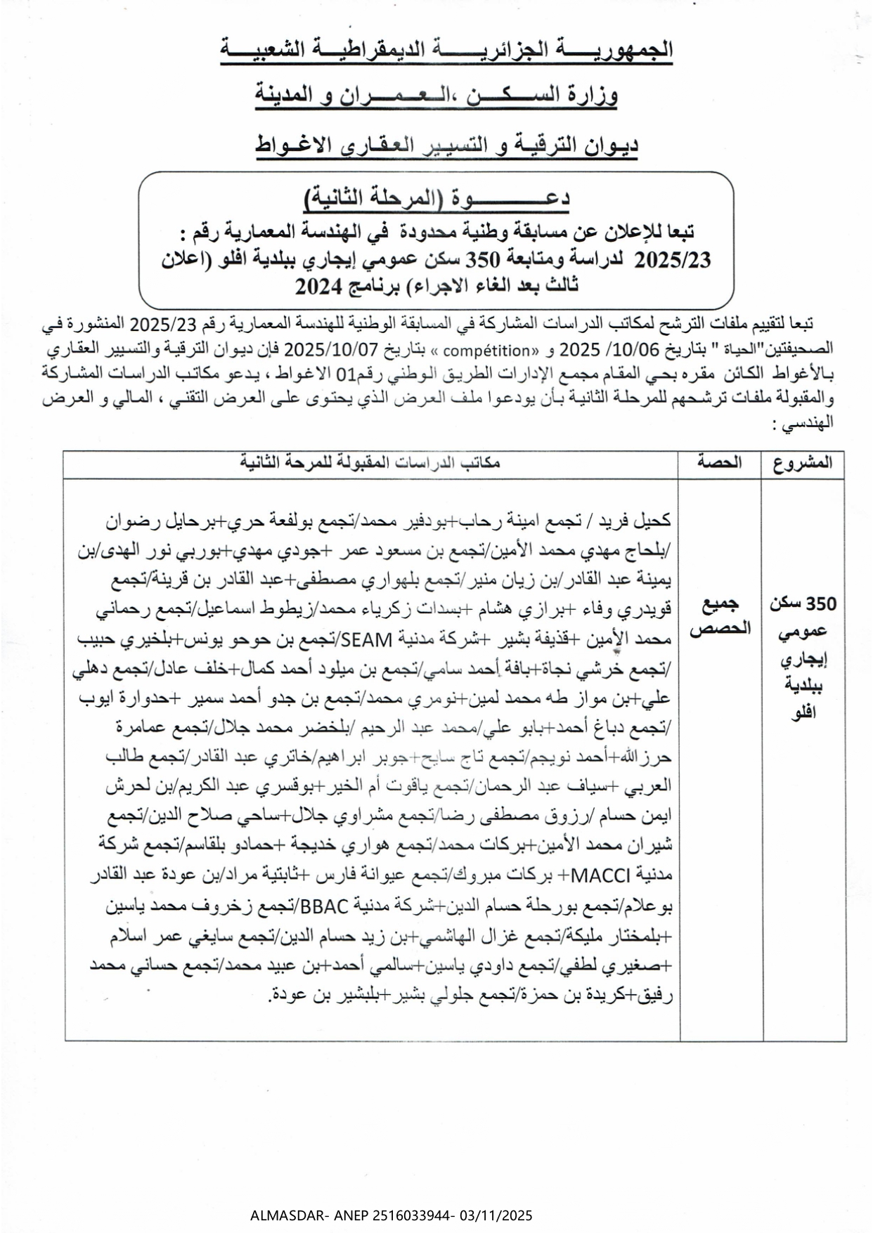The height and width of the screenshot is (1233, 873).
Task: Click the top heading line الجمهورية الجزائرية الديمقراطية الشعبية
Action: click(x=446, y=51)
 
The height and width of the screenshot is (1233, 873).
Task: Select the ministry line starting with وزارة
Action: click(x=436, y=96)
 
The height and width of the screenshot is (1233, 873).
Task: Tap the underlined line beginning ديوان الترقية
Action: click(x=446, y=145)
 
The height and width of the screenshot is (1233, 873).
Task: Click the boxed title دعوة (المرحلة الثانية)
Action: click(x=438, y=197)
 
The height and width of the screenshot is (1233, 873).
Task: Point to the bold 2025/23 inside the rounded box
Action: click(x=673, y=260)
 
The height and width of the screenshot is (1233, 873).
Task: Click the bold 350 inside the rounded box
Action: click(x=484, y=260)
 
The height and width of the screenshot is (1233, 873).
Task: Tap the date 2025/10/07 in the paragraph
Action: click(x=323, y=349)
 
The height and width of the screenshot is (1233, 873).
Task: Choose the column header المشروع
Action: click(x=803, y=463)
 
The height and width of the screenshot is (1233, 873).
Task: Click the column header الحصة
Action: click(x=720, y=463)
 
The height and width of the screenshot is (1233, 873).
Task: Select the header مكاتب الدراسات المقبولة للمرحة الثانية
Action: click(x=370, y=463)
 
